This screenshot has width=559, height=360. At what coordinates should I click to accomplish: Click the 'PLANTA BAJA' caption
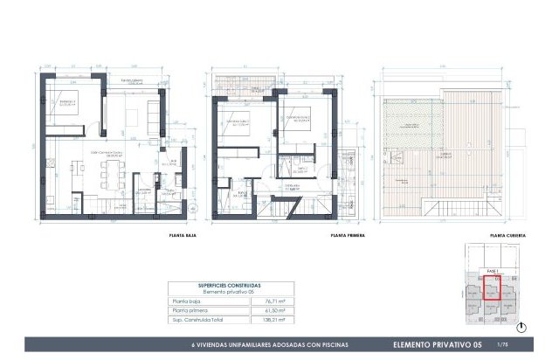point(180,235)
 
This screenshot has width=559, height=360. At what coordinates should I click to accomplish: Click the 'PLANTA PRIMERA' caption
point(347,235)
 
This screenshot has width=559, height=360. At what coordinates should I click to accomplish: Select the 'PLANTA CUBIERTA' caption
point(506,235)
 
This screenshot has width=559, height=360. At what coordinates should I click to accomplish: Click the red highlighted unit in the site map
point(491,289)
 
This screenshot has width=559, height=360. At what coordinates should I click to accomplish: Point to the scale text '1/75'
point(500,345)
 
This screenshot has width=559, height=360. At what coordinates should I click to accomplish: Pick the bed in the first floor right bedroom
point(296,118)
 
